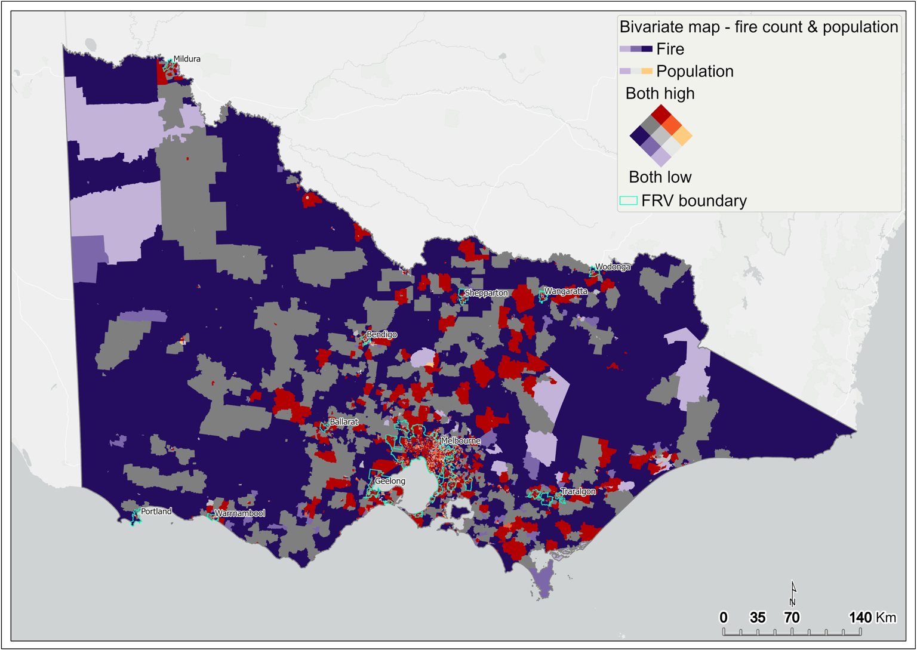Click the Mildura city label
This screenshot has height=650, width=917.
tap(187, 59)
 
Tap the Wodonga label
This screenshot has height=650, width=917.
tap(613, 267)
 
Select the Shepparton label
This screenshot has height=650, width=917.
tap(486, 293)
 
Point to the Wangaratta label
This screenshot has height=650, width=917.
tap(565, 291)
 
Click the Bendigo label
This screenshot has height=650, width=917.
tap(381, 335)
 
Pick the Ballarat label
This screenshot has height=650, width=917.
tap(344, 422)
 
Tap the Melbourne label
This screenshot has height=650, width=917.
tap(460, 441)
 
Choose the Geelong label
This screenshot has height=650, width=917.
tap(390, 481)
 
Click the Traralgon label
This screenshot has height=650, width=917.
tap(577, 491)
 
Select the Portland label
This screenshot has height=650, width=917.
tap(156, 512)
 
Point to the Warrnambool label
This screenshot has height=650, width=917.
tap(239, 513)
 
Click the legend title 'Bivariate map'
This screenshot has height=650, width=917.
tap(758, 27)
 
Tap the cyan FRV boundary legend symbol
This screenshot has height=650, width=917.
tap(628, 201)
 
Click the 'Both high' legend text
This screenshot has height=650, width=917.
tap(660, 94)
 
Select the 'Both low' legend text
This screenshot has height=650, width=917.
tap(660, 177)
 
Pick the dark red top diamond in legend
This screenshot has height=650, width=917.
tap(661, 113)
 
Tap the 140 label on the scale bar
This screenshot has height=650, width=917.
tap(860, 618)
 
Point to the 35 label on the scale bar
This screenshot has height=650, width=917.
tap(758, 618)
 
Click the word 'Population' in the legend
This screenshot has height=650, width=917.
tap(694, 72)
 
